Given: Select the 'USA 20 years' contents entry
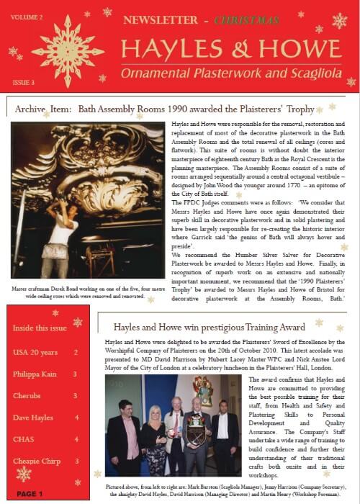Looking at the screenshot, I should point(34,353).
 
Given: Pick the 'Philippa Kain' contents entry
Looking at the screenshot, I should point(36,374).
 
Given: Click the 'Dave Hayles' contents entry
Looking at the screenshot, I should point(34,418).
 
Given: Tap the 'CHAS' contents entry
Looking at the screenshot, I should point(23,439).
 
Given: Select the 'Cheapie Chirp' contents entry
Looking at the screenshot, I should point(37,461).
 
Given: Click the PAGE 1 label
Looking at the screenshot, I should point(30,494).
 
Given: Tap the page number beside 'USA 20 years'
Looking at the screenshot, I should point(76,353).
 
